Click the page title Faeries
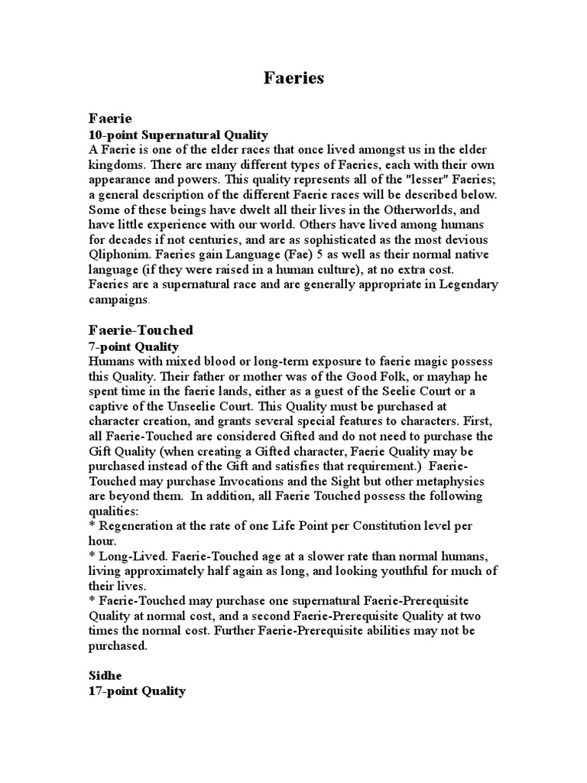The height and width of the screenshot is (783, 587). click(x=293, y=79)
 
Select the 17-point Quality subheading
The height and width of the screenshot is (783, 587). click(x=137, y=691)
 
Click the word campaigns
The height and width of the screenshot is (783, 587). click(x=118, y=299)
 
